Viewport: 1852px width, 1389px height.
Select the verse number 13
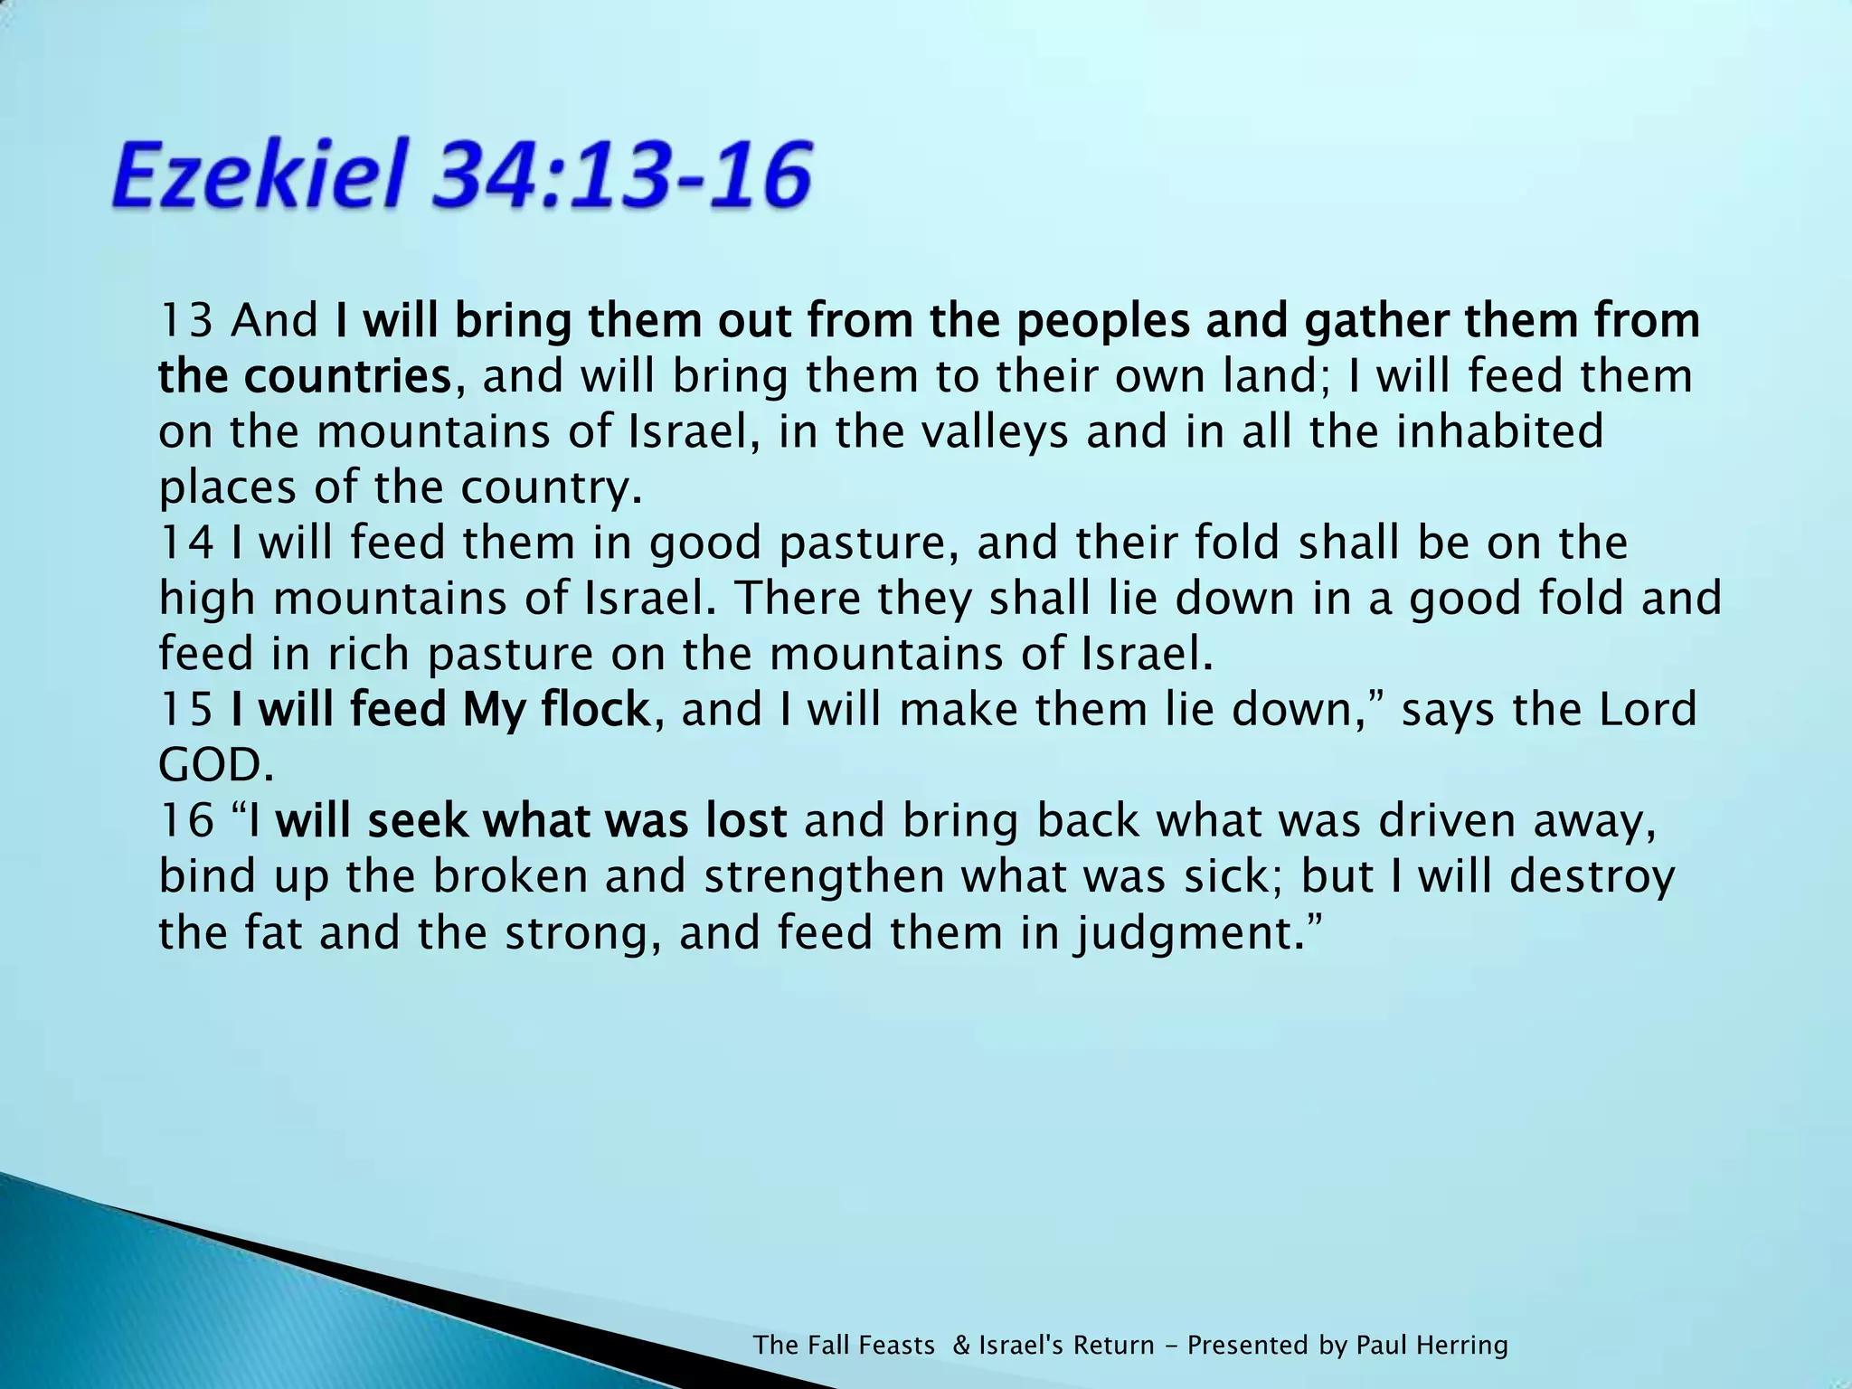(185, 321)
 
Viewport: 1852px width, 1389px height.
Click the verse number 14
(185, 543)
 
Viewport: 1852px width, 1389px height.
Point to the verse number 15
(185, 710)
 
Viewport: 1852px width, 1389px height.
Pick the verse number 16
(185, 821)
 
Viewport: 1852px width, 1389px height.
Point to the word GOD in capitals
(213, 766)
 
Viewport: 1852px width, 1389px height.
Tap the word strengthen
(823, 877)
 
